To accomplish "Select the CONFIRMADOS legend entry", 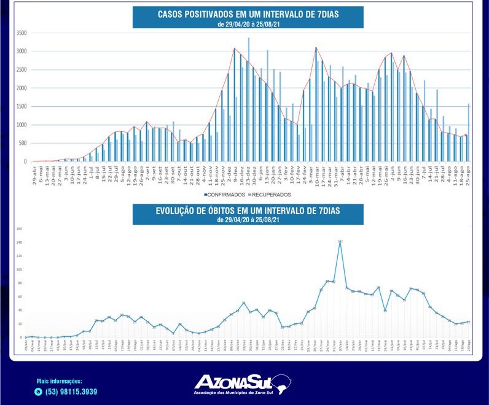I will tap(225, 194).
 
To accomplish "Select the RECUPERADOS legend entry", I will tap(272, 194).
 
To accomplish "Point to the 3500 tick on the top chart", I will tap(22, 33).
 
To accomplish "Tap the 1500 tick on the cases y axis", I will tap(22, 106).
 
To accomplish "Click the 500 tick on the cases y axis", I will tap(23, 143).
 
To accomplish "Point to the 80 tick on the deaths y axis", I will tap(19, 283).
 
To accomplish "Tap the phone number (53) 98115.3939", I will tap(71, 391).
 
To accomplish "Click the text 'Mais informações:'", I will tap(59, 381).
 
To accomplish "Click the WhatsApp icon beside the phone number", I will tap(39, 391).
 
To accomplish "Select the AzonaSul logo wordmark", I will tap(237, 380).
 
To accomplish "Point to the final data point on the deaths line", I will tap(469, 322).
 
